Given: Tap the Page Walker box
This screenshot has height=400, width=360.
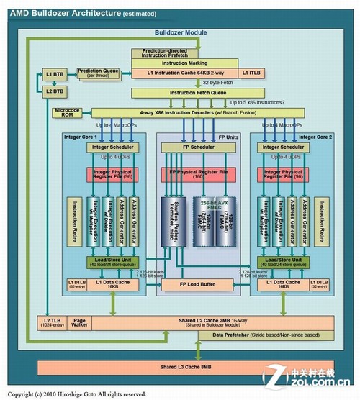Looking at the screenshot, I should coord(79,322).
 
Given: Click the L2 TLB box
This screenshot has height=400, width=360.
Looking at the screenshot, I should coord(51,322).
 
